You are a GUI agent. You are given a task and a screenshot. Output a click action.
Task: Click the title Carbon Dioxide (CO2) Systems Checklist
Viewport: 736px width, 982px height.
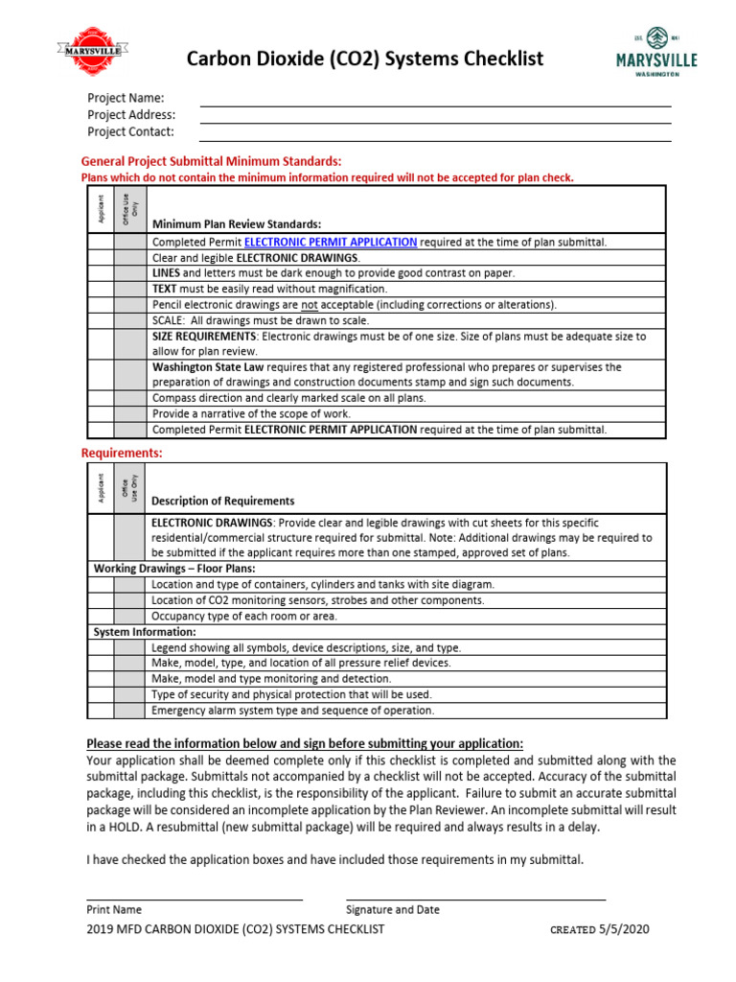pos(364,59)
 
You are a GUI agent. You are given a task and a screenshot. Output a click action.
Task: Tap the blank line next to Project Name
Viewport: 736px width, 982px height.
pos(435,99)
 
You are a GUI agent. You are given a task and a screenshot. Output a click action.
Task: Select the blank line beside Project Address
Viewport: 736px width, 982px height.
pos(435,116)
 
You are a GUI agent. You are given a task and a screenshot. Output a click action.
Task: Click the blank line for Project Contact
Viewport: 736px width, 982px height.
pos(435,133)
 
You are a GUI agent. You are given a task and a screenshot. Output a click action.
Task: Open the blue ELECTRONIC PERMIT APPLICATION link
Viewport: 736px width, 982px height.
pos(331,243)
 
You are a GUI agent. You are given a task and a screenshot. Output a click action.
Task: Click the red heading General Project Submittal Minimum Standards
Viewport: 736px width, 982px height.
pos(211,161)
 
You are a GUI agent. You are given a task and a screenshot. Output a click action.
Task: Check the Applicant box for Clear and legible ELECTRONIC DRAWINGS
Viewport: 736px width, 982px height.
pos(101,258)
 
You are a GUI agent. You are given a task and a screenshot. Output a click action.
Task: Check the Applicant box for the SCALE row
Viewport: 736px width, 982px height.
pos(101,320)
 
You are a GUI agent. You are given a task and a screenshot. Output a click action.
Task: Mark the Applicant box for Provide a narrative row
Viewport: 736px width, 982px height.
pos(101,413)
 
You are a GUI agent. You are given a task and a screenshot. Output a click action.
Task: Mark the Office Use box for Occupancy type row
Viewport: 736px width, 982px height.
pos(131,616)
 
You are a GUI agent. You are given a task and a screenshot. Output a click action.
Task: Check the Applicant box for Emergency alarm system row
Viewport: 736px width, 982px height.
pos(101,711)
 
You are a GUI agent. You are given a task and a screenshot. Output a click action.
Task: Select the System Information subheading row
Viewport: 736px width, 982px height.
pos(144,632)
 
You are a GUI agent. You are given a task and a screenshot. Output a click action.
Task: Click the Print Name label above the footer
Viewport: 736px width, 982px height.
pos(114,909)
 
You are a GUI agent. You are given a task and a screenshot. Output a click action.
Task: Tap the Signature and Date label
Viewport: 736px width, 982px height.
pos(393,909)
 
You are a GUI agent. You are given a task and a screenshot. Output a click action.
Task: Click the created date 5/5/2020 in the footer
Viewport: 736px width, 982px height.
pos(630,929)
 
